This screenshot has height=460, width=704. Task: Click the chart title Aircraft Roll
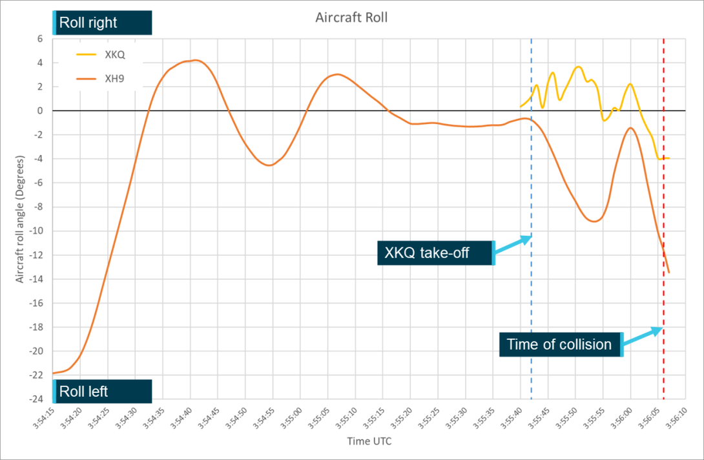click(351, 17)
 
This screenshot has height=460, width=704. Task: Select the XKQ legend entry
click(114, 54)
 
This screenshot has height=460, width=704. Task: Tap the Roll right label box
click(102, 23)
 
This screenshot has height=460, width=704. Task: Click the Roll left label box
click(102, 392)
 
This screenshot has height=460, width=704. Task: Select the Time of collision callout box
click(561, 344)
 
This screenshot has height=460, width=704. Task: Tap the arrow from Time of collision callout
click(643, 337)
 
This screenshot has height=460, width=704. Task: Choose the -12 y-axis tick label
click(35, 255)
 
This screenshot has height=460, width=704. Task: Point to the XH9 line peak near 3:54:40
click(194, 60)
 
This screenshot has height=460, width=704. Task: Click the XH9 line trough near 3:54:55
click(270, 165)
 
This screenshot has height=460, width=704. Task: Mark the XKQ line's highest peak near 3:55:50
click(578, 67)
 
